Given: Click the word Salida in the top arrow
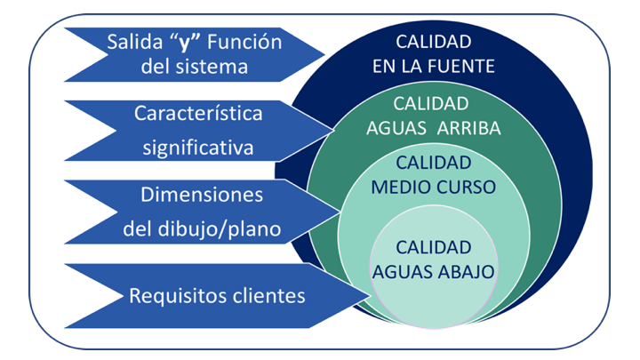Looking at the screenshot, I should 132,42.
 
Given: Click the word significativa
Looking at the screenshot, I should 198,146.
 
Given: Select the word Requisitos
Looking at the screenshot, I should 171,295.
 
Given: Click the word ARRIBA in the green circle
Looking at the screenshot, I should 470,127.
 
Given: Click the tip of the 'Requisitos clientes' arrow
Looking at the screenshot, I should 371,294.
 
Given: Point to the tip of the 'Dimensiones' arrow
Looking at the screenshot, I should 340,212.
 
